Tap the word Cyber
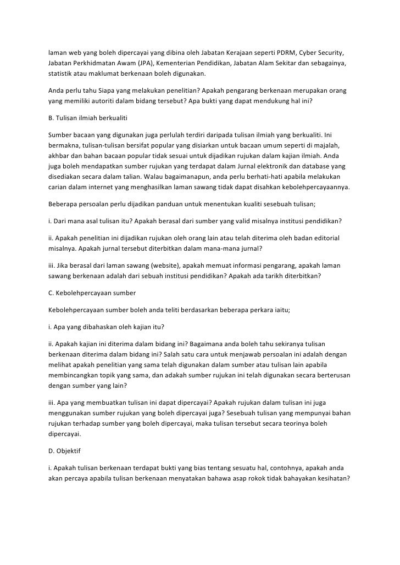pyautogui.click(x=308, y=53)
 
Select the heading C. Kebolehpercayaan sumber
pyautogui.click(x=92, y=292)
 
